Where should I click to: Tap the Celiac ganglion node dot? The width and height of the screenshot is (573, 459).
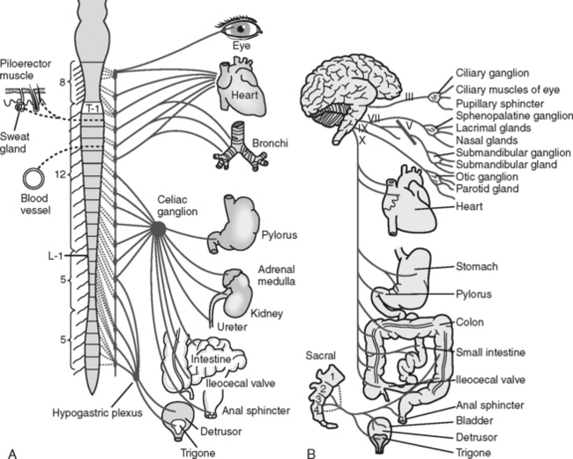pos(158,228)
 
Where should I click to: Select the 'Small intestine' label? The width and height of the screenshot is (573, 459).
pos(491,352)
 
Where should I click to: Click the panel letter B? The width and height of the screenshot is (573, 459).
pos(310,451)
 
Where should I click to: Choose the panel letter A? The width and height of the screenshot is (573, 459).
pos(11,451)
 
